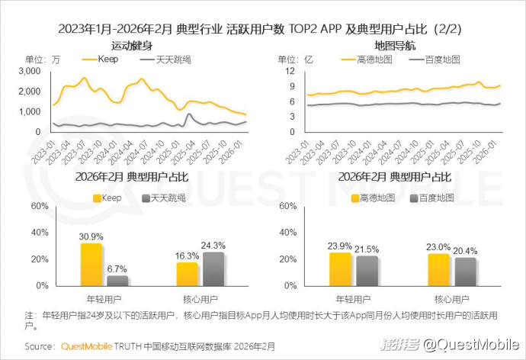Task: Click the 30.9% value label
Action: pyautogui.click(x=91, y=236)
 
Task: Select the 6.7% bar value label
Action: pyautogui.click(x=117, y=268)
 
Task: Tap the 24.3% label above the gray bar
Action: pyautogui.click(x=213, y=246)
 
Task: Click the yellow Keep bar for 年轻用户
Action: pyautogui.click(x=91, y=264)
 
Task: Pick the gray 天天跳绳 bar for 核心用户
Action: pyautogui.click(x=213, y=268)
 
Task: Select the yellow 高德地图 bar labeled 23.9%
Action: pyautogui.click(x=340, y=268)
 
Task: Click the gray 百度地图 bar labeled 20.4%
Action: pyautogui.click(x=464, y=271)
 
